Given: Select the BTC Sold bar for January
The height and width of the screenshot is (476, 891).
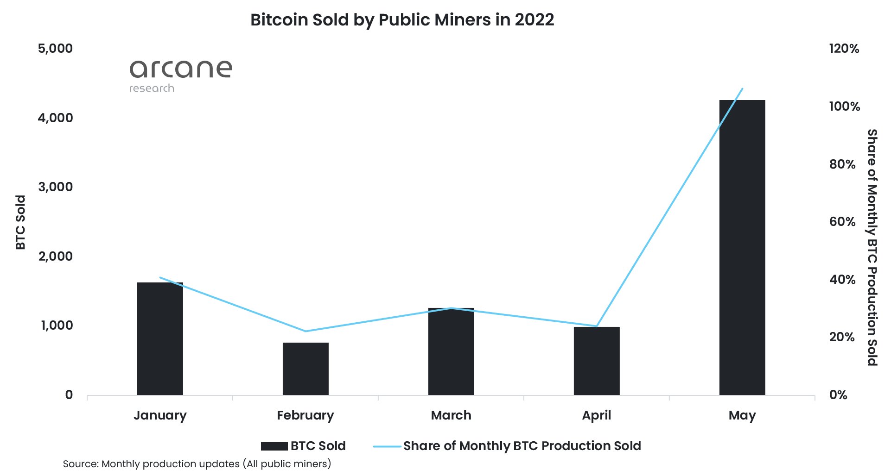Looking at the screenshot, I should [160, 338].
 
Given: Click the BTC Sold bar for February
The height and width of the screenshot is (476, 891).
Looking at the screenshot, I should [305, 369].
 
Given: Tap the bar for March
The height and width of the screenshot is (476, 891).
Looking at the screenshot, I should [451, 351].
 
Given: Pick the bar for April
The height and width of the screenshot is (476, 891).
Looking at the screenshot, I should [597, 361].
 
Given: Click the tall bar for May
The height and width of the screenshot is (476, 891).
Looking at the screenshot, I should [742, 247].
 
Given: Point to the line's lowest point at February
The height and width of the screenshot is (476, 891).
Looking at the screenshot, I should [305, 331].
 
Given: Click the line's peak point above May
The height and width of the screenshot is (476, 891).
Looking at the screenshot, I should [742, 88].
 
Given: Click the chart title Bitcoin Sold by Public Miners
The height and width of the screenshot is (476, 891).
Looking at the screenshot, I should [402, 20].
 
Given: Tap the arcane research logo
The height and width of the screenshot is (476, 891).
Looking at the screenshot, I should [180, 75].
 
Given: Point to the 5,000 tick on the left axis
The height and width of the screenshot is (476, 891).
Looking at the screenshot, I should [55, 48].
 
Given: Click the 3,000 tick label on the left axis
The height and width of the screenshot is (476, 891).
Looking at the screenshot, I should [55, 187].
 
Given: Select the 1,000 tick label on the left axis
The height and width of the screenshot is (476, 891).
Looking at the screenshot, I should [57, 325].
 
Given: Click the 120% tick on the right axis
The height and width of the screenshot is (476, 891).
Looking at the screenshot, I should [844, 48].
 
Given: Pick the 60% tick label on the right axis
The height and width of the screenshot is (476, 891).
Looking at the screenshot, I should [842, 221].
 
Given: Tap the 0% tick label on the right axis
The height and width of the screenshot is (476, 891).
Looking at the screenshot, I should [838, 395].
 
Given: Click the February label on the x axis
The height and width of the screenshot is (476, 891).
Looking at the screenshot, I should [305, 415].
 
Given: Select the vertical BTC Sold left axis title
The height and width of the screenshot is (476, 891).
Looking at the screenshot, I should [20, 222].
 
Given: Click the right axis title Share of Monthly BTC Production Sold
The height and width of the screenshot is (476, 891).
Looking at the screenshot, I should [872, 247].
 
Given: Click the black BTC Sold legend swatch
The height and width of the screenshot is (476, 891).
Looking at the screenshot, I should [274, 446].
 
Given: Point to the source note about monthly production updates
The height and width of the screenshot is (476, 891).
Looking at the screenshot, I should [197, 464].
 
